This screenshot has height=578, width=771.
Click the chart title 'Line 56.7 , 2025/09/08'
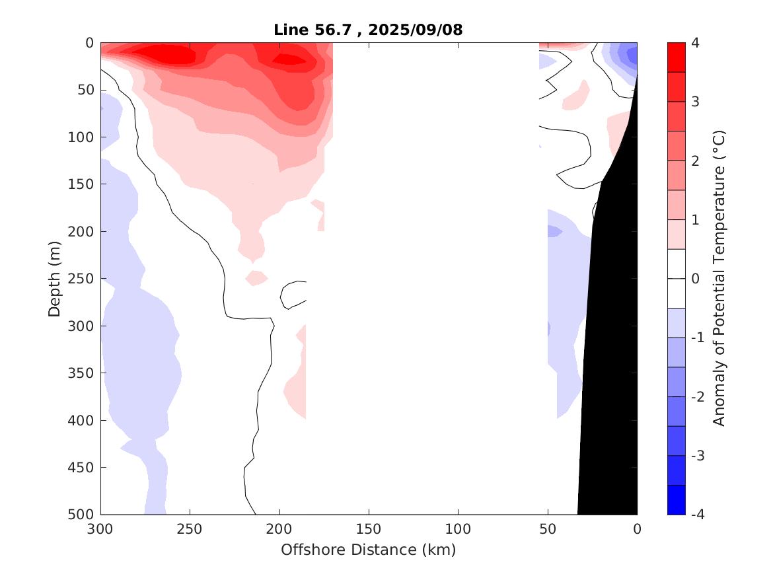tap(369, 30)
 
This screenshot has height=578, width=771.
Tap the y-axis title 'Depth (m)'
tap(54, 278)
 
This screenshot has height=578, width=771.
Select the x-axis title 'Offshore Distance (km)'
tap(369, 550)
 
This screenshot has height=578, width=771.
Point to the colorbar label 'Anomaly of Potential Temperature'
tap(719, 278)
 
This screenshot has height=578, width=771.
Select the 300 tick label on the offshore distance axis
tap(101, 529)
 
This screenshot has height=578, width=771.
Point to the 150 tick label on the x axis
tap(369, 529)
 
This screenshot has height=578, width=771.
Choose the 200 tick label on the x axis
tap(279, 529)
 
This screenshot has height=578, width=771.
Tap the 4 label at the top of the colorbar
tap(695, 43)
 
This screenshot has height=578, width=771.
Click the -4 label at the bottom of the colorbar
tap(698, 515)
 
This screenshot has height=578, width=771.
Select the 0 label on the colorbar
tap(695, 279)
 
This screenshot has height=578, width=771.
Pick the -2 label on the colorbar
tap(698, 396)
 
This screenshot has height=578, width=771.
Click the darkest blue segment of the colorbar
tap(677, 500)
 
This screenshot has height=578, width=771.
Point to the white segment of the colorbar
tap(677, 278)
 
